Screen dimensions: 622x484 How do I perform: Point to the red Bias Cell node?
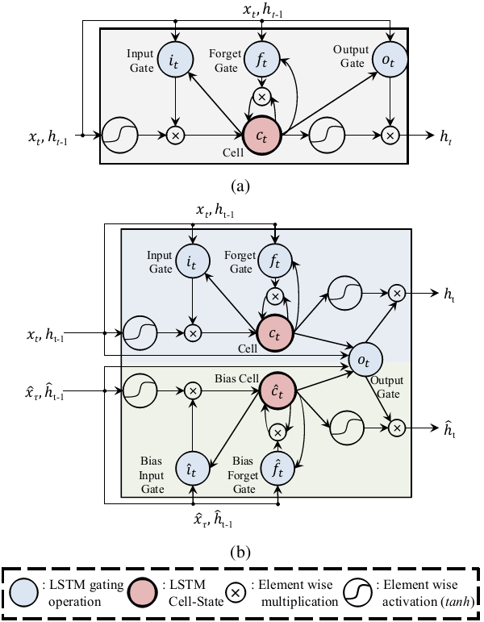pos(276,392)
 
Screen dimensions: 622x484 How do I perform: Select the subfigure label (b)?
pos(240,553)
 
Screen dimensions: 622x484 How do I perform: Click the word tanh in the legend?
pos(456,600)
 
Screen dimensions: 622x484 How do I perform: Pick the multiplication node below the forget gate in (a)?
pos(261,97)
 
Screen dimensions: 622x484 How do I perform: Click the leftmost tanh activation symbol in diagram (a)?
pos(121,133)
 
